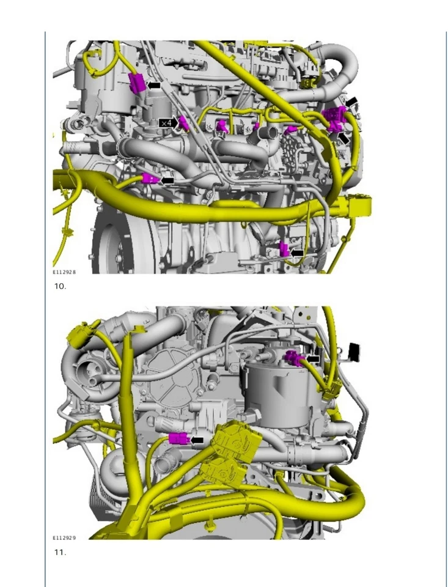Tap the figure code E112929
(x=64, y=538)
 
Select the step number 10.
(x=60, y=286)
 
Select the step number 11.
(x=60, y=552)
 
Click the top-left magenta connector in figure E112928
(x=136, y=83)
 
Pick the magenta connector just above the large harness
(x=149, y=179)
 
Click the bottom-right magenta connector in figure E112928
(x=284, y=249)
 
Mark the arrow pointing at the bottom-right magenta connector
(x=298, y=253)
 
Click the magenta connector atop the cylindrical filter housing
(x=295, y=359)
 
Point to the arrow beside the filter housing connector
(x=313, y=358)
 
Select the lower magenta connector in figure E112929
(x=177, y=438)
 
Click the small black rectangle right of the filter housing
(x=353, y=351)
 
